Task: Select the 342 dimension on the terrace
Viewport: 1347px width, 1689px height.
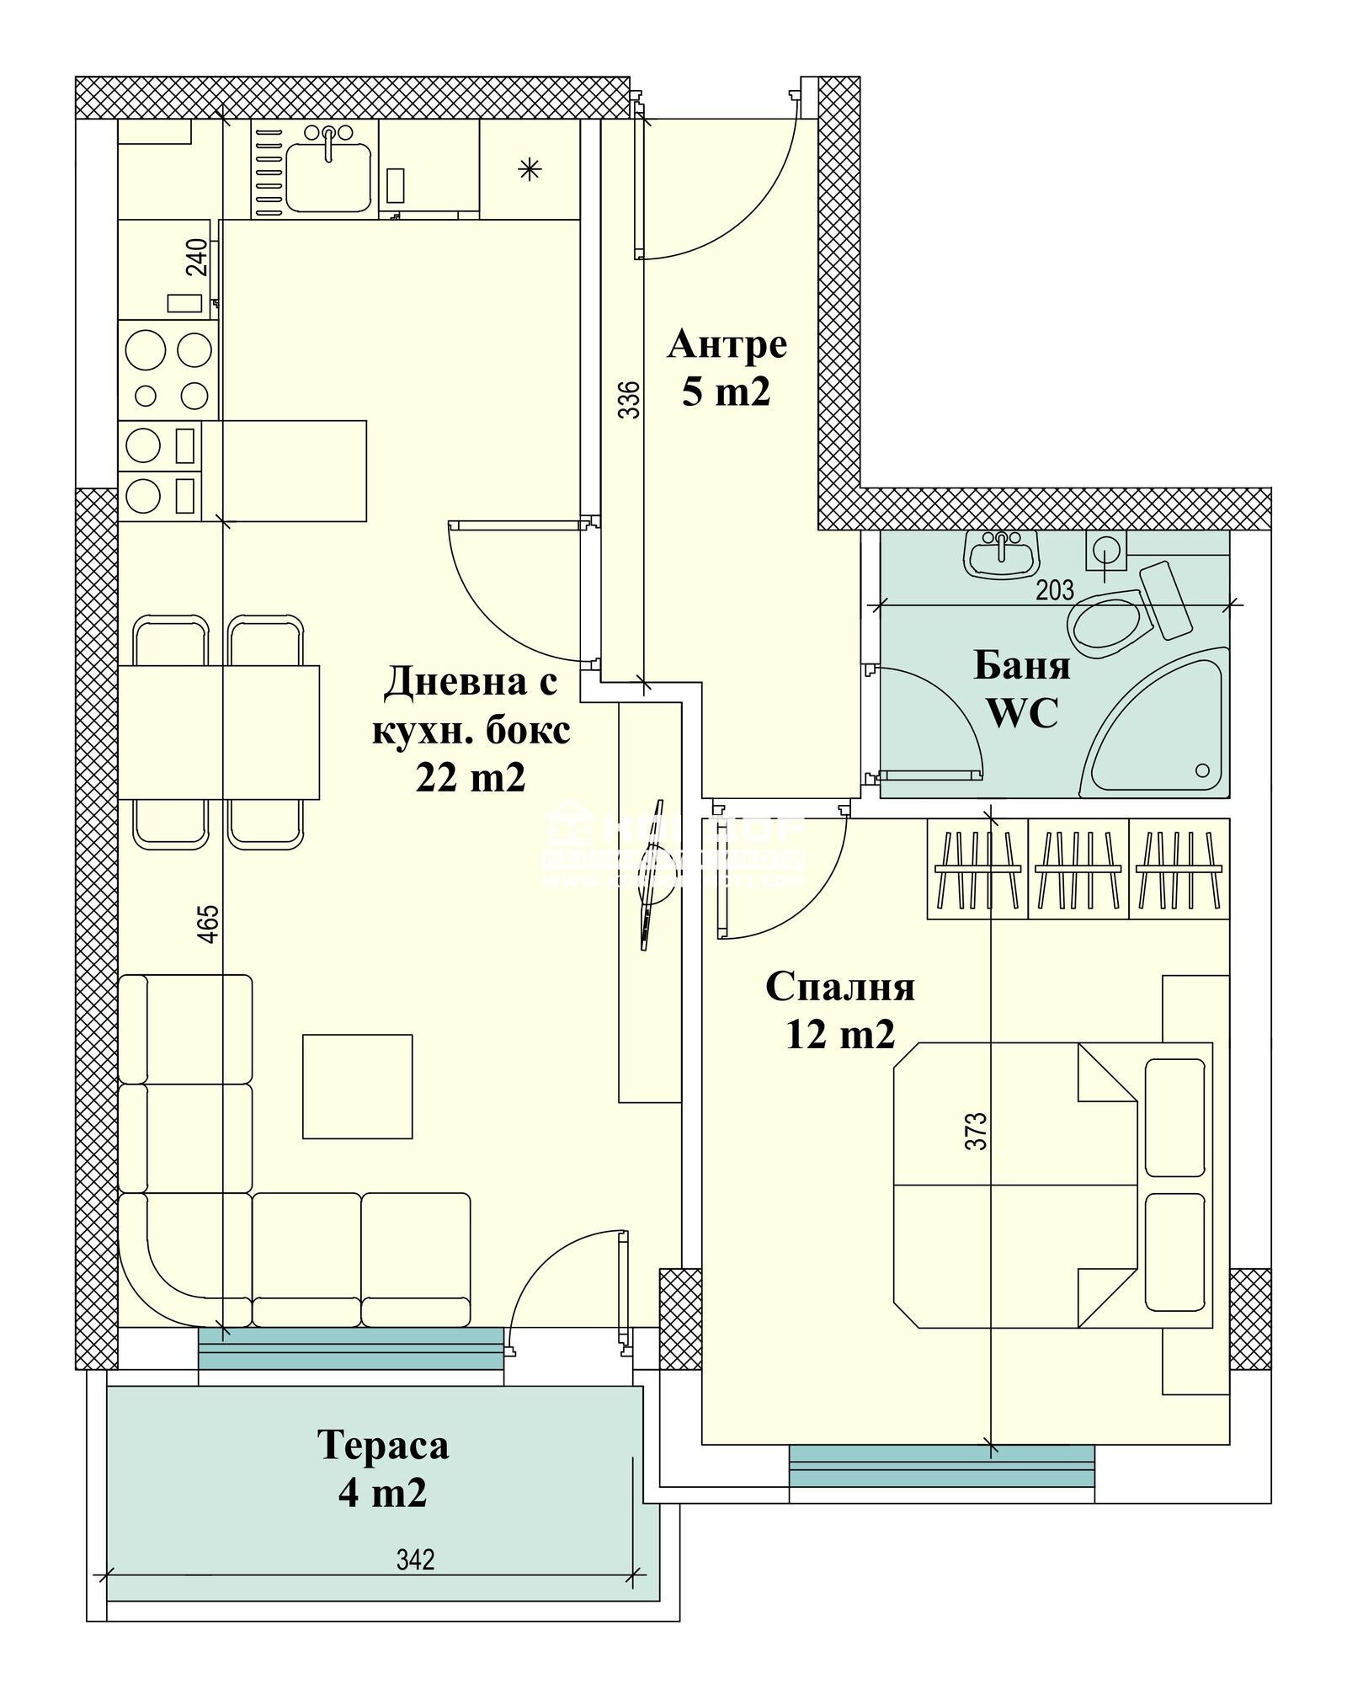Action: point(416,1559)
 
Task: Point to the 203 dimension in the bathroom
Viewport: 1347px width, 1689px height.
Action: point(1055,590)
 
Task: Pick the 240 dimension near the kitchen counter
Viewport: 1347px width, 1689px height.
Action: point(196,258)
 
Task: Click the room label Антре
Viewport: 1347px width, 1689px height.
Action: point(727,344)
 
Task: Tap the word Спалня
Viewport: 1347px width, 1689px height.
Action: point(839,987)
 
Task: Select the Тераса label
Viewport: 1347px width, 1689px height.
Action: point(383,1446)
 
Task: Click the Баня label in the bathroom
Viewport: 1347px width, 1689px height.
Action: point(1022,665)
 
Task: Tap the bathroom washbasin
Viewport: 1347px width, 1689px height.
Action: point(1001,555)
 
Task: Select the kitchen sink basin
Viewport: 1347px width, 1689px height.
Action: point(327,176)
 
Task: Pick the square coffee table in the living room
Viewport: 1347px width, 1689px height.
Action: point(357,1086)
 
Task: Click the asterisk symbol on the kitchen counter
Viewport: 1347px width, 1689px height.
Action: point(530,170)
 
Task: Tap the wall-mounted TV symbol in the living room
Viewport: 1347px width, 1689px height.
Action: point(649,874)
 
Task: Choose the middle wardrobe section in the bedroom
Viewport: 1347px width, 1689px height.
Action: point(1078,868)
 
